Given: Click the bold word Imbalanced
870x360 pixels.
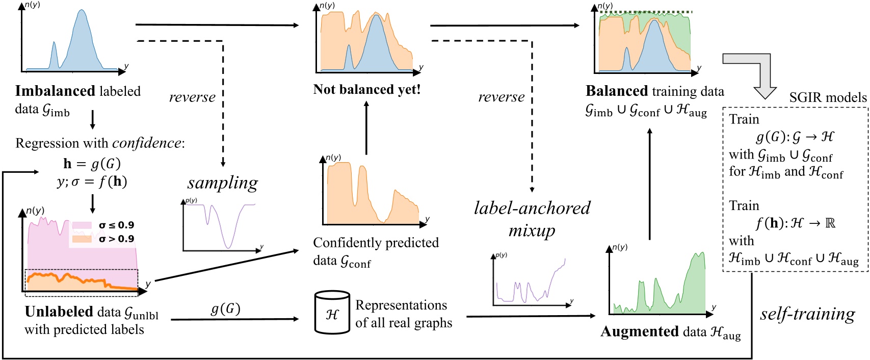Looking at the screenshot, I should (56, 91).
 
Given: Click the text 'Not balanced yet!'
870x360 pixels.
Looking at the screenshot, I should (367, 90).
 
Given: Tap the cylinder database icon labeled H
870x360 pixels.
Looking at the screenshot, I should (332, 313).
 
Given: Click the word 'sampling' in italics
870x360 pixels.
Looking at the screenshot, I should (222, 183).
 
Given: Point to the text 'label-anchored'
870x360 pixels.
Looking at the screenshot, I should (532, 208).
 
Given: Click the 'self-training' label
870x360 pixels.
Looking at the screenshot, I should (807, 314).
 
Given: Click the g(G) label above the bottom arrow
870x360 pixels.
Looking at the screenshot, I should (225, 309).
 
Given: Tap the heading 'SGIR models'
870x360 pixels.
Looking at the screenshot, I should (828, 97).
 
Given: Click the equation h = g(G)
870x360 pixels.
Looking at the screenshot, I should (92, 164).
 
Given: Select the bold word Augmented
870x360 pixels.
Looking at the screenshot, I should (640, 332).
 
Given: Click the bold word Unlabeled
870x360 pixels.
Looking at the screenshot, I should (59, 312).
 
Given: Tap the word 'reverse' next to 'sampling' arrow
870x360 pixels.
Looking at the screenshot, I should (192, 97).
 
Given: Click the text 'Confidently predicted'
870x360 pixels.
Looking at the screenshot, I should (376, 243).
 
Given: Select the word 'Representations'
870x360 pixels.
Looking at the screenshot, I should (401, 305).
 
